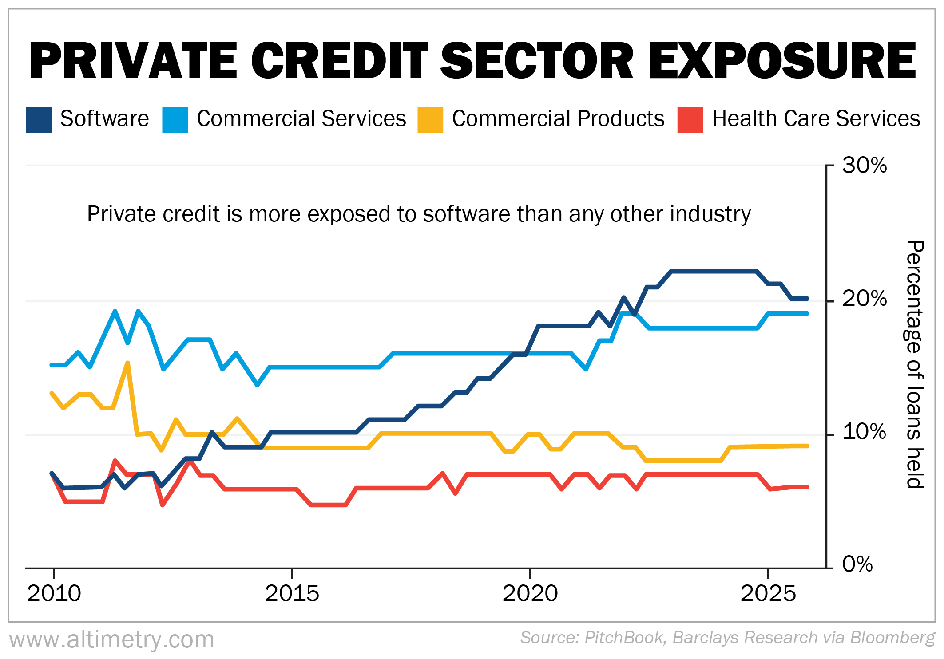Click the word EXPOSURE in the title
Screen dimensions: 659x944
click(782, 60)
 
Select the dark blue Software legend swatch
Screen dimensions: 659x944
click(39, 119)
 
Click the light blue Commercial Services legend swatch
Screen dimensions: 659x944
click(175, 119)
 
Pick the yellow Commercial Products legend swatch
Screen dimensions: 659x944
click(430, 119)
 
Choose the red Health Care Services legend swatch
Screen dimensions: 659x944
click(690, 119)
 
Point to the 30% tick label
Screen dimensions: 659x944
click(864, 166)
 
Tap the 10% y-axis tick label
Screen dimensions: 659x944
click(864, 432)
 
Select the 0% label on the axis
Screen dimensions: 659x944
click(857, 564)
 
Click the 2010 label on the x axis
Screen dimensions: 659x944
click(54, 593)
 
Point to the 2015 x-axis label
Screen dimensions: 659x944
click(292, 593)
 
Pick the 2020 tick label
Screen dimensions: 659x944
click(530, 593)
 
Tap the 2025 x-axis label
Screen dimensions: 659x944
click(768, 593)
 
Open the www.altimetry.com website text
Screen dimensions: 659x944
click(111, 639)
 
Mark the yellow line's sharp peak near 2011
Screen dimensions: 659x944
click(128, 363)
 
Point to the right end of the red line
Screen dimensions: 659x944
click(807, 487)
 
